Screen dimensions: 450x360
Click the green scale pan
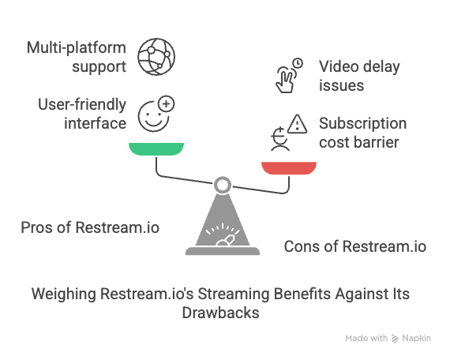(156, 148)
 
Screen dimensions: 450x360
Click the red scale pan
(289, 168)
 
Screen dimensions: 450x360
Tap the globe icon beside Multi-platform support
(156, 57)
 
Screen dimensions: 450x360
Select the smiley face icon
(152, 116)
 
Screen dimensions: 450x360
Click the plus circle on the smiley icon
(167, 103)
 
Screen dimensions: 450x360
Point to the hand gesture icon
(285, 80)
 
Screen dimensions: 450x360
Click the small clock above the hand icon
(298, 63)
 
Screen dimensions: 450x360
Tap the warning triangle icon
(298, 124)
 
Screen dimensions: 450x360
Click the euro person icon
(280, 139)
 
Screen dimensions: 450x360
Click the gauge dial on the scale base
(223, 234)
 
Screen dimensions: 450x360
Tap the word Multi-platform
(77, 47)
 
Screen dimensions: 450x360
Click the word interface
(95, 123)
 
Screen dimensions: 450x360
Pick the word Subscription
(362, 124)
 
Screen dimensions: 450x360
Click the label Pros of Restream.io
(90, 227)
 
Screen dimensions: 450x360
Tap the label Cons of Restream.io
(355, 246)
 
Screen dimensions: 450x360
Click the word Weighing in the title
(63, 294)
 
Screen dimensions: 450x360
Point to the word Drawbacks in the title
(220, 313)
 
